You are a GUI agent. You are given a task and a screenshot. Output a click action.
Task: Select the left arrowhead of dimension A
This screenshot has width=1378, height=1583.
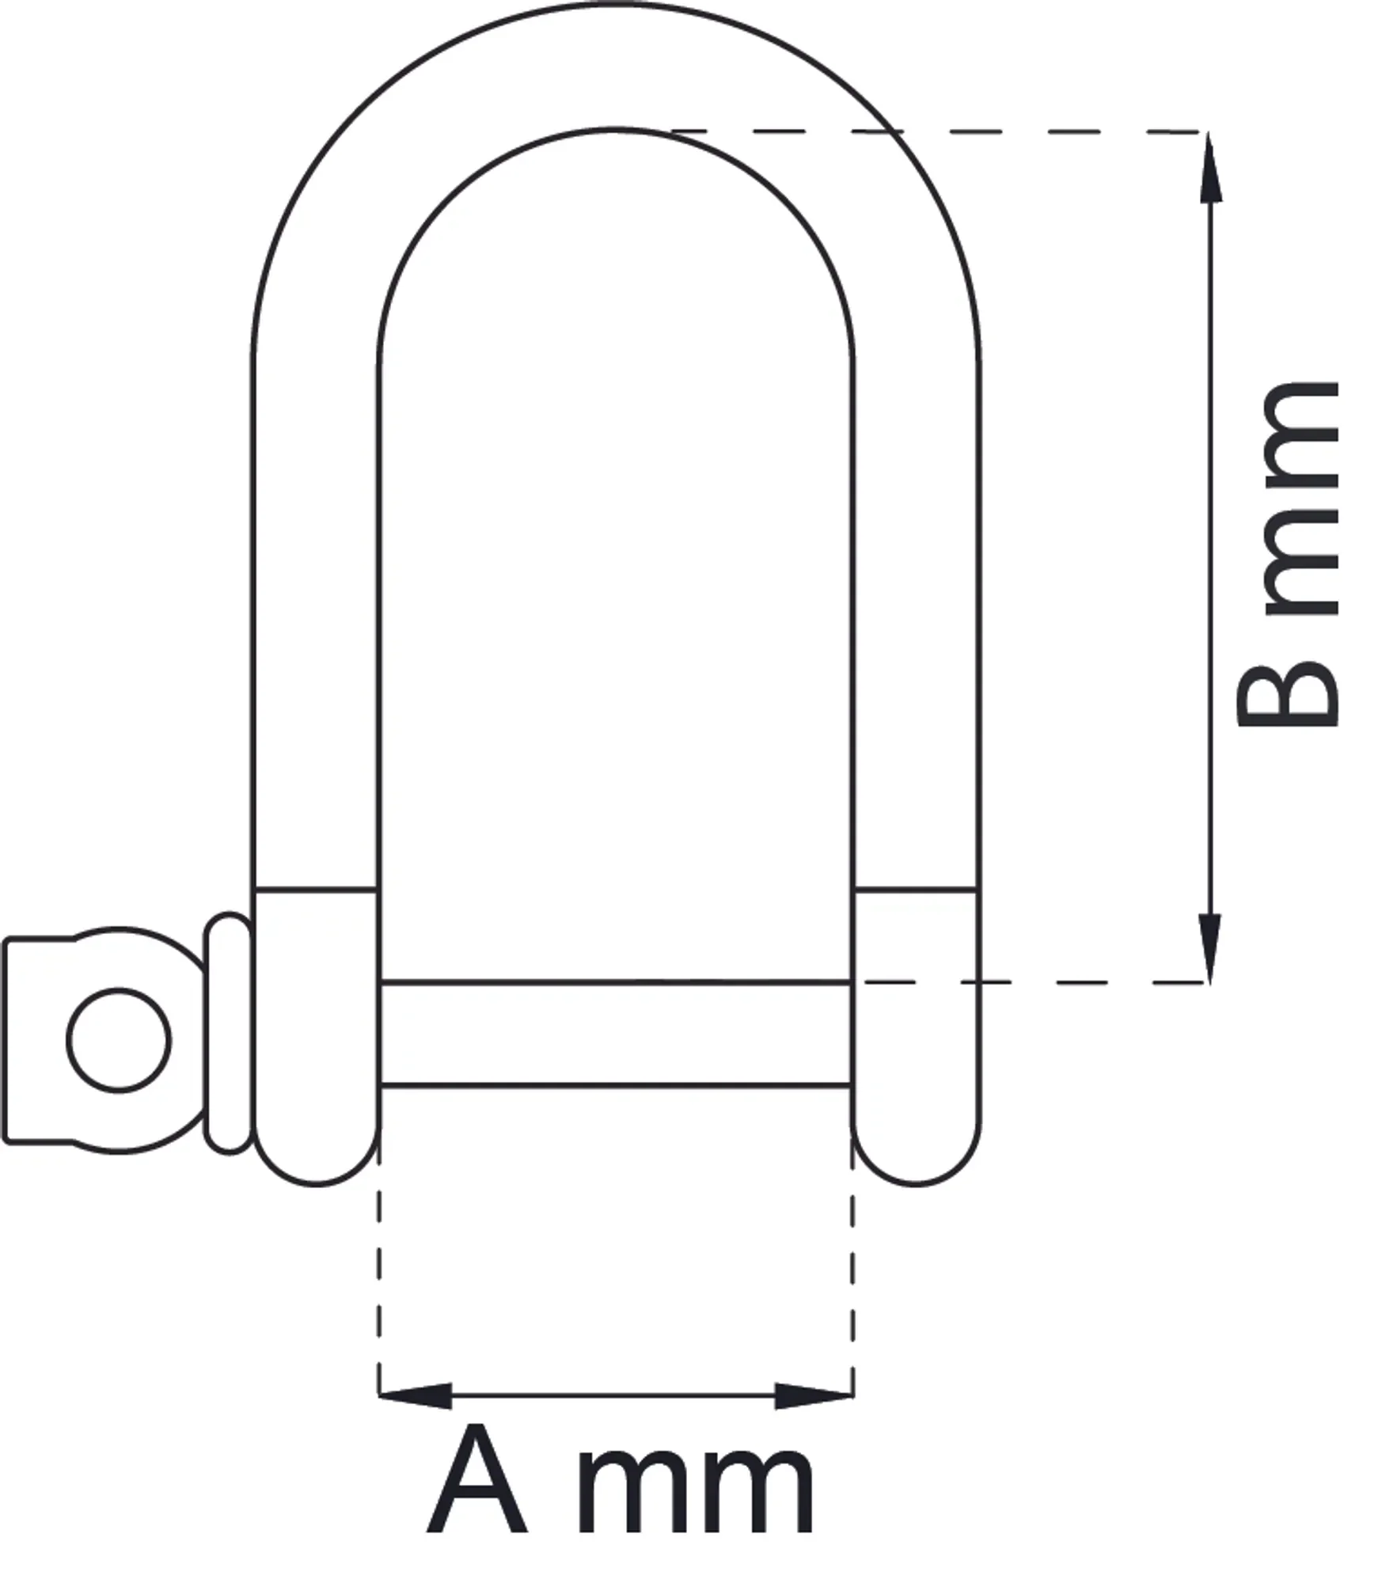(415, 1395)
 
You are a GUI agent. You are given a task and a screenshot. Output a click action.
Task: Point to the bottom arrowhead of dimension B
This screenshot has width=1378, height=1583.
(1210, 947)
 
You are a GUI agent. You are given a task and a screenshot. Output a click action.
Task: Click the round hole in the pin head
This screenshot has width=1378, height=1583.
(119, 1040)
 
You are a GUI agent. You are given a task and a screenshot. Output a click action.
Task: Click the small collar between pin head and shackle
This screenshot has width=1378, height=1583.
(230, 1032)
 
